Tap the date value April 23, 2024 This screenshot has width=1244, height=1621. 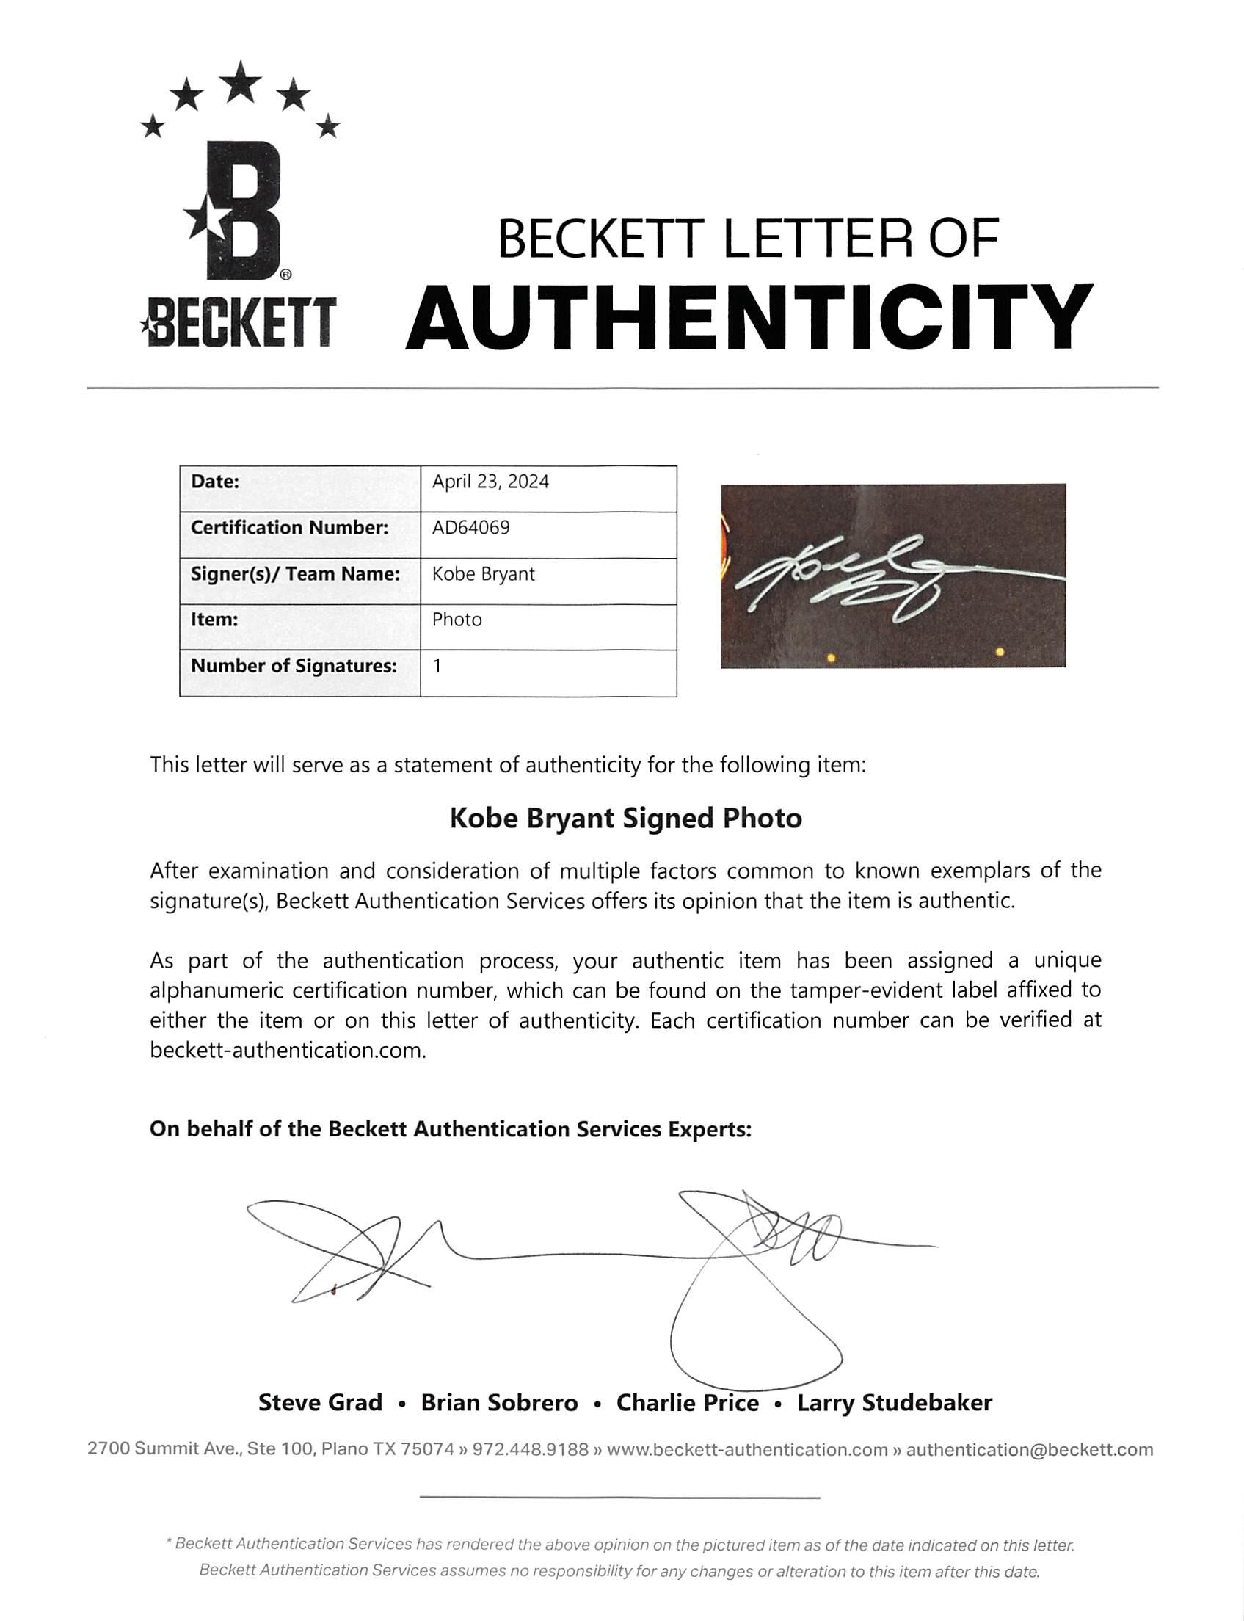click(x=490, y=482)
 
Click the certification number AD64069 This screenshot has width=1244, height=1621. click(x=471, y=528)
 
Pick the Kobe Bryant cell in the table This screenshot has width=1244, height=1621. click(x=483, y=575)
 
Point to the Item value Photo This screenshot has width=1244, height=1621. click(x=457, y=620)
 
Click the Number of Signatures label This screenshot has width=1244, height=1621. click(x=294, y=667)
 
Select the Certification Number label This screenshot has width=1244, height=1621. click(x=289, y=528)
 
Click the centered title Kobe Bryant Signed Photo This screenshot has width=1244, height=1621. click(x=626, y=819)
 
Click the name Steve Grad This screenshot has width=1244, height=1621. click(x=320, y=1402)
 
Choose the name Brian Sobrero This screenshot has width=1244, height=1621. click(x=499, y=1402)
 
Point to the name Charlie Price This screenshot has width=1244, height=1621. click(x=687, y=1402)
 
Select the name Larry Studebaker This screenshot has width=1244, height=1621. click(x=894, y=1402)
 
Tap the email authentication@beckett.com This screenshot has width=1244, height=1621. click(x=1029, y=1449)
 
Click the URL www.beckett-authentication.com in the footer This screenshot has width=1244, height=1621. click(x=746, y=1449)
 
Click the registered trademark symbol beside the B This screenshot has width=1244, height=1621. click(x=285, y=275)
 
